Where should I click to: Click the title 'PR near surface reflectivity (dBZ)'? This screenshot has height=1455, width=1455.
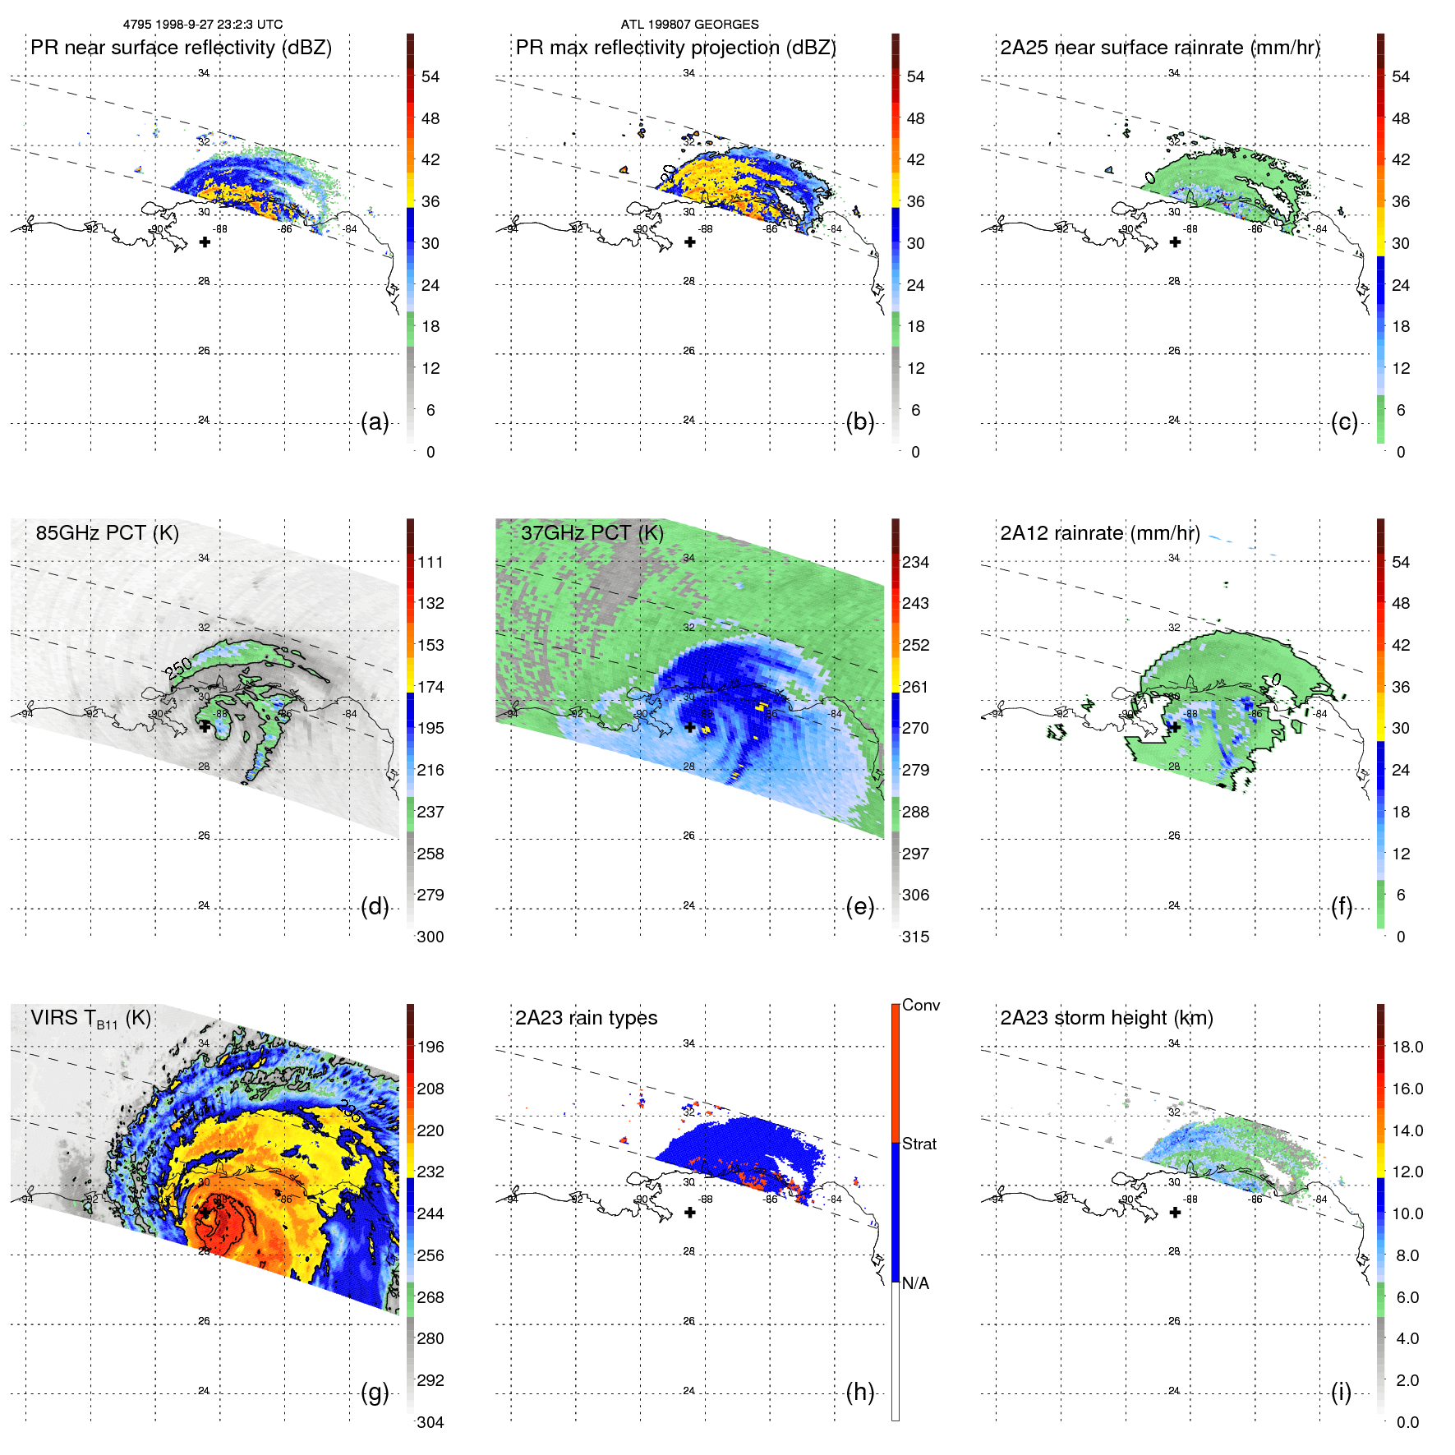[x=181, y=48]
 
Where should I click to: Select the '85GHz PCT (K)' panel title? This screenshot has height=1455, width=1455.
[x=107, y=532]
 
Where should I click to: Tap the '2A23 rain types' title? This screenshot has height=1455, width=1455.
[x=586, y=1018]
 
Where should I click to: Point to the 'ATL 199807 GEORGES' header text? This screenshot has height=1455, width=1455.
[x=689, y=25]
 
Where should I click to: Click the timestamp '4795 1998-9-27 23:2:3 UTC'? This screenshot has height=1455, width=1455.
[x=203, y=25]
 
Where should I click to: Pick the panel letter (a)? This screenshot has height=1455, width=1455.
[x=375, y=422]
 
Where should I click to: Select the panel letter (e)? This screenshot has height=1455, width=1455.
[x=859, y=907]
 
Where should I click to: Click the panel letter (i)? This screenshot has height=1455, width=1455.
[x=1341, y=1393]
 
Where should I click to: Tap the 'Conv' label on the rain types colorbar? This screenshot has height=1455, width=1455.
[x=921, y=1006]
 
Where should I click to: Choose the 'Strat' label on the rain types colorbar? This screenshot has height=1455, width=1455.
[x=919, y=1144]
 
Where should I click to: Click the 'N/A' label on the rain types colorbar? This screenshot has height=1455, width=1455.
[x=915, y=1283]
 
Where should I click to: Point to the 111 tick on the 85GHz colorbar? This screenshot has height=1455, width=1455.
[x=431, y=563]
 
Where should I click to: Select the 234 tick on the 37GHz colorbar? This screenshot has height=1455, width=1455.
[x=915, y=563]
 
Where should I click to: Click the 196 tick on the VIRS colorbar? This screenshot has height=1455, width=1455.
[x=431, y=1048]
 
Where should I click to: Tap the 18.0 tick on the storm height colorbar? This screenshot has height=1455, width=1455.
[x=1407, y=1048]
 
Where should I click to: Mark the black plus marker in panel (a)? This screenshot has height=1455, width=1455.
[x=205, y=242]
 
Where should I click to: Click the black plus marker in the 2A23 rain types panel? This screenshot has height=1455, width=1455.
[x=690, y=1213]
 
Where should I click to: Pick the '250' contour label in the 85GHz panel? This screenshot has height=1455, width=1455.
[x=179, y=667]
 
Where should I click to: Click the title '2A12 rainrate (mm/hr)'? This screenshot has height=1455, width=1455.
[x=1099, y=533]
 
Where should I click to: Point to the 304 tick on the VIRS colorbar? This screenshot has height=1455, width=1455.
[x=431, y=1423]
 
